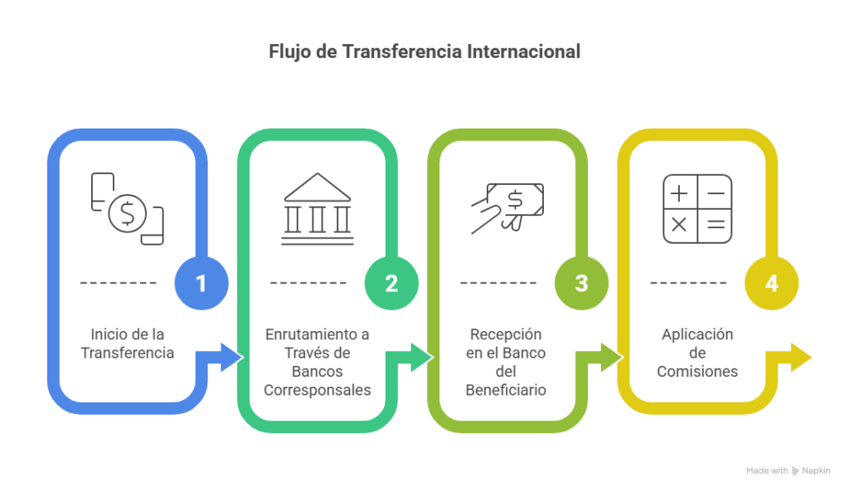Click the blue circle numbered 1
201,284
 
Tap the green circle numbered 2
391,284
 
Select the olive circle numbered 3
581,284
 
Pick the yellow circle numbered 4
771,284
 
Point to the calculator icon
697,208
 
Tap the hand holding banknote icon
507,207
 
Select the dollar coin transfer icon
127,208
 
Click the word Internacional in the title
524,51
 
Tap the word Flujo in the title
288,51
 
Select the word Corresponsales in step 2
318,390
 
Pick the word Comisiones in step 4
697,372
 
